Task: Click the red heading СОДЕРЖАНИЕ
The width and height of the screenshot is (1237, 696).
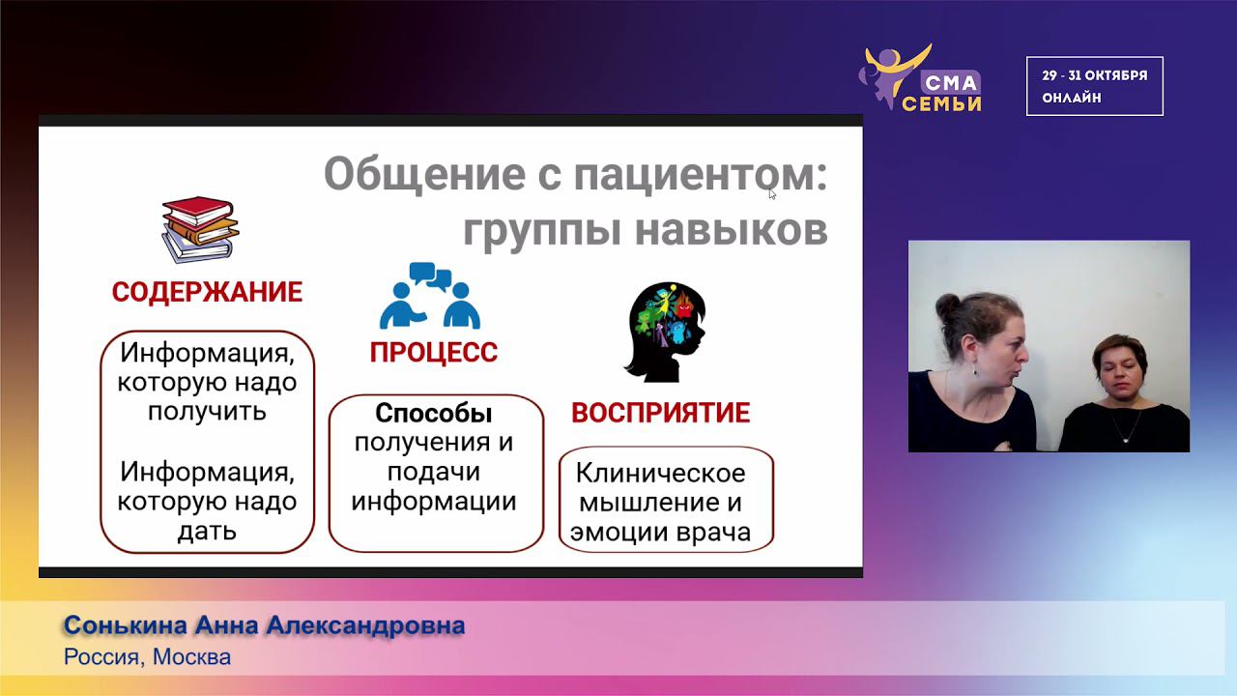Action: click(x=207, y=292)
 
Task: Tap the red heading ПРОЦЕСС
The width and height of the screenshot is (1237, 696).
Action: click(x=434, y=353)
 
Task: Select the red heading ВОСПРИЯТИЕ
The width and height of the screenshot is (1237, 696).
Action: click(x=660, y=413)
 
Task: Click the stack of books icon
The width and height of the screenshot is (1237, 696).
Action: click(x=200, y=229)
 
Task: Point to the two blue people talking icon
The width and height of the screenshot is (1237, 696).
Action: click(x=430, y=296)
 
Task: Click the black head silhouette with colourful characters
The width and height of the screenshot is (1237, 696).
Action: click(x=666, y=332)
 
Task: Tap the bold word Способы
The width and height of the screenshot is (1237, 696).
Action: click(x=434, y=413)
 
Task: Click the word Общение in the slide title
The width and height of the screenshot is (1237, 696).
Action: click(x=424, y=174)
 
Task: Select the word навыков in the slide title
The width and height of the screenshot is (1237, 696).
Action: click(x=732, y=230)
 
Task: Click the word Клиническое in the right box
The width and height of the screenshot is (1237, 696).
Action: click(x=660, y=473)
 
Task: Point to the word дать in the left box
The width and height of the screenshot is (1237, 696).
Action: click(x=207, y=532)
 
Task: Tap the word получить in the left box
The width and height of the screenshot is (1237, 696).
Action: click(x=207, y=412)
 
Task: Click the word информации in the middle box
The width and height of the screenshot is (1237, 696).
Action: click(x=434, y=502)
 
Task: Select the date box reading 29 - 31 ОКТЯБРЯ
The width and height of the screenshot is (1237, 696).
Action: click(x=1095, y=86)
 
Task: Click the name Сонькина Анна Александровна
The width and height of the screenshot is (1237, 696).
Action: click(x=265, y=625)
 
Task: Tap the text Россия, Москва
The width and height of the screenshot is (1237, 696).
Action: click(x=148, y=657)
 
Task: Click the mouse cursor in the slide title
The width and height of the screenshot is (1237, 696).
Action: click(x=772, y=194)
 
